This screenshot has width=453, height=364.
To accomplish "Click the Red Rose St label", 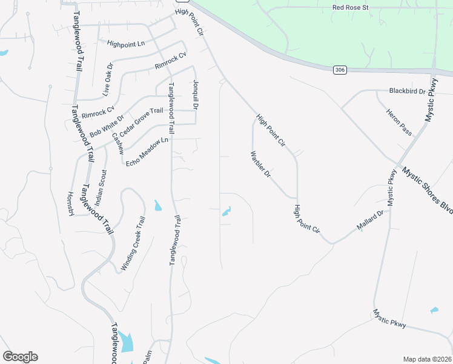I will coord(351,8).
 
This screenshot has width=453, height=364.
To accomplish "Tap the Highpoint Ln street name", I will coord(126,44).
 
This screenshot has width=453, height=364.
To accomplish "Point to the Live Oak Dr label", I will coord(108,80).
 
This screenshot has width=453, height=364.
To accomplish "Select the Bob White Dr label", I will coord(106,126).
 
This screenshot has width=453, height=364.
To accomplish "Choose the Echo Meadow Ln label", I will coord(147,152).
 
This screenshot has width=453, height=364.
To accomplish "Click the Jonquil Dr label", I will coord(196,94).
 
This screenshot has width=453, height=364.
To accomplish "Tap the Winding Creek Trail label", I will coord(134,243).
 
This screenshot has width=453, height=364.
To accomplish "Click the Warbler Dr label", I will coord(259,165).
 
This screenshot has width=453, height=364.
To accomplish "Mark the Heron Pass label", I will coord(398,123).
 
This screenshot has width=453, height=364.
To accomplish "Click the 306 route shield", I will coord(340,71).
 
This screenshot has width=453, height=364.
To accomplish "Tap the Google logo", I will coord(20,357).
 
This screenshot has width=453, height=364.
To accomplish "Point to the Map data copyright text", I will coord(427,359).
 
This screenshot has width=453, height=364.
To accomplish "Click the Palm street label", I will coord(147,356).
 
